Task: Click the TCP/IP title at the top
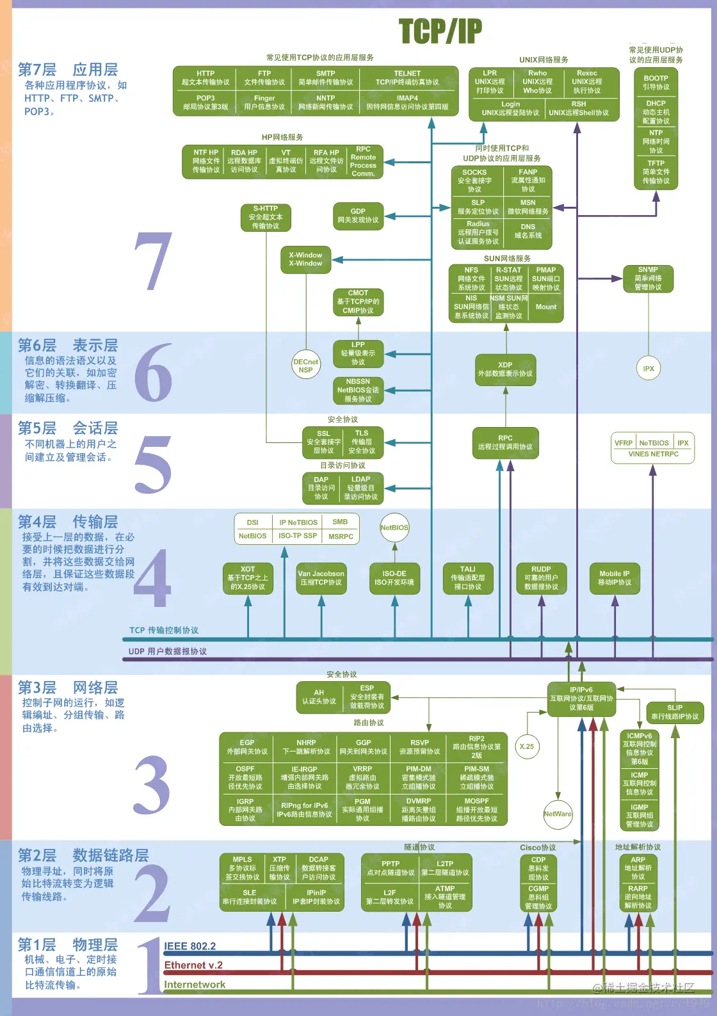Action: [x=440, y=31]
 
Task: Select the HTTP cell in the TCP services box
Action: [x=205, y=77]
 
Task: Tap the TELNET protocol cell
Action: [x=407, y=77]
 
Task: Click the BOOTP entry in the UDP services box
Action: [x=656, y=83]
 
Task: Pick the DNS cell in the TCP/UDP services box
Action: [x=528, y=230]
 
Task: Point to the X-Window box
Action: [x=305, y=259]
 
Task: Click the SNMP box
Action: [x=648, y=278]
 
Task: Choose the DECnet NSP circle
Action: [x=305, y=366]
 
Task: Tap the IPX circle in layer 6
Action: [x=649, y=368]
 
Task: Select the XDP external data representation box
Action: [x=505, y=369]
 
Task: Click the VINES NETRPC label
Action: [x=653, y=454]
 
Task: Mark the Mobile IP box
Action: [x=614, y=578]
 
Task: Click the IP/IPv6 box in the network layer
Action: [x=581, y=698]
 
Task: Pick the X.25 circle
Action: [x=527, y=746]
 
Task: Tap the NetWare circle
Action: [x=558, y=814]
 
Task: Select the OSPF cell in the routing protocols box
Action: [x=245, y=777]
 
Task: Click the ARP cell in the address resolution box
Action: [x=638, y=868]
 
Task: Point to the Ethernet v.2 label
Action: [x=193, y=965]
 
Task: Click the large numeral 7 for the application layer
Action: [x=154, y=261]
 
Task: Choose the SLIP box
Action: [x=675, y=712]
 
